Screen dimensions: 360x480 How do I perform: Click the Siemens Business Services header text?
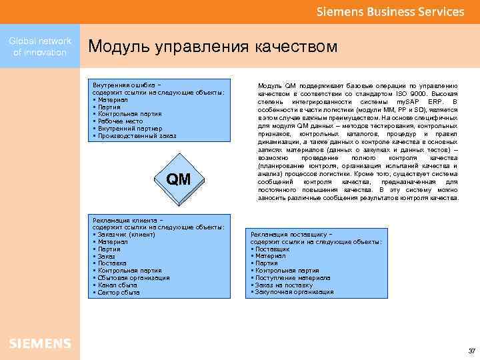coord(390,12)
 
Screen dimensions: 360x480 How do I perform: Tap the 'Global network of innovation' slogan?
coord(40,47)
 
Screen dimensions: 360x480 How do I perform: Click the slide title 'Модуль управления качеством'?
coord(213,47)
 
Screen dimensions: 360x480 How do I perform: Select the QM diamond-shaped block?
coord(179,180)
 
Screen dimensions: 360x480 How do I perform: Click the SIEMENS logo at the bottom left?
coord(40,343)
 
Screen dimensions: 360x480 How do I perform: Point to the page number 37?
coord(471,351)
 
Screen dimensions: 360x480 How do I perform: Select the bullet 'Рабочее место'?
coord(120,121)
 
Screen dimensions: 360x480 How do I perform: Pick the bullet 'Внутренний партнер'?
coord(127,129)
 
